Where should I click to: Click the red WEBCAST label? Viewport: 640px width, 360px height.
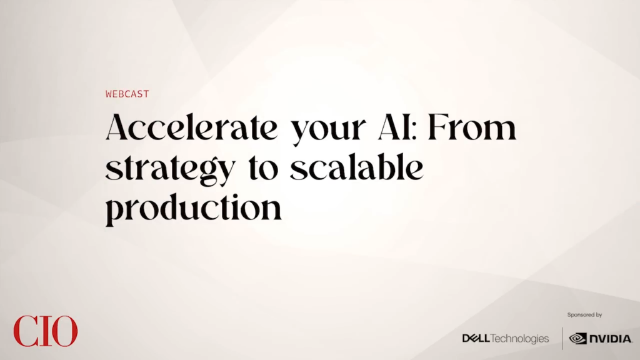coord(127,94)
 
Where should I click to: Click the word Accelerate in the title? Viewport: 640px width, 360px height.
coord(191,127)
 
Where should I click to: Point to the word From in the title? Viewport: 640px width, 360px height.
coord(472,127)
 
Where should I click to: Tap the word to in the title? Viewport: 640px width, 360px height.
coord(263,169)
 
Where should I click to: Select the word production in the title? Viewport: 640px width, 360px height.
coord(194,209)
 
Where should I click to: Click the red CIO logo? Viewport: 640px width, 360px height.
coord(45,331)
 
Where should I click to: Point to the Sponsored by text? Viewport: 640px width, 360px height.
coord(584,315)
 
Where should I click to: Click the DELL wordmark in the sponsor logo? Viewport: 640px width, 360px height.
coord(476,338)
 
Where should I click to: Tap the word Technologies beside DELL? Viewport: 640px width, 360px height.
coord(519,339)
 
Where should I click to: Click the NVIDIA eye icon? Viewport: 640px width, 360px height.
coord(578,338)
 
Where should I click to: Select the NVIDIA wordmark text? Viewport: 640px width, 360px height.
coord(611,339)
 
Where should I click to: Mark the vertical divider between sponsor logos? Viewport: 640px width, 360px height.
coord(562,338)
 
